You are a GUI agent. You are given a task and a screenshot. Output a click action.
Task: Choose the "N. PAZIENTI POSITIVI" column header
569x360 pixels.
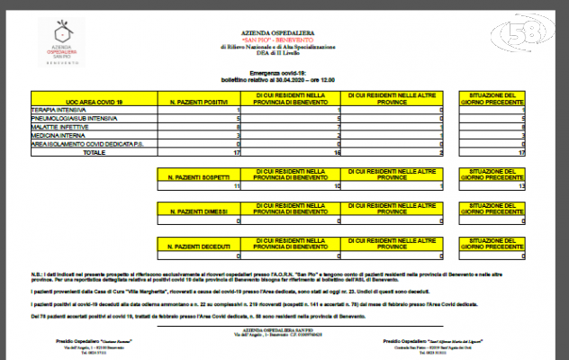coord(198,101)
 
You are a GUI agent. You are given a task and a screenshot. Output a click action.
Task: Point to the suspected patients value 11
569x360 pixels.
coord(235,186)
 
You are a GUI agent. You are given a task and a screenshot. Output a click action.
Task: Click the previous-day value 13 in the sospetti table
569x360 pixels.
coord(520,186)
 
